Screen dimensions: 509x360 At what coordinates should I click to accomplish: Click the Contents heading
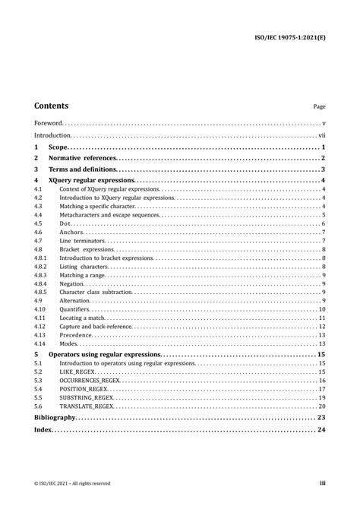(x=51, y=106)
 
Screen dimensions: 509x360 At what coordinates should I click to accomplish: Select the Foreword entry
(x=48, y=123)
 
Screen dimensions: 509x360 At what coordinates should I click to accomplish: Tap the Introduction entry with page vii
(x=53, y=134)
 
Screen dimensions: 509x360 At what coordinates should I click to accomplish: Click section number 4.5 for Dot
(x=38, y=223)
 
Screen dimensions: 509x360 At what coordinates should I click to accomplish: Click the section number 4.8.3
(x=40, y=275)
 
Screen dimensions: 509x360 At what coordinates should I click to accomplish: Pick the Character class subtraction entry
(x=96, y=292)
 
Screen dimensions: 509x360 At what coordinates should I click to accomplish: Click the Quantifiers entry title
(x=74, y=309)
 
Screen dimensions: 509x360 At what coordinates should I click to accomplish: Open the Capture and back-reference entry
(x=95, y=327)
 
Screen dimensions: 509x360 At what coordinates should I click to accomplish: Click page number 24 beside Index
(x=321, y=430)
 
